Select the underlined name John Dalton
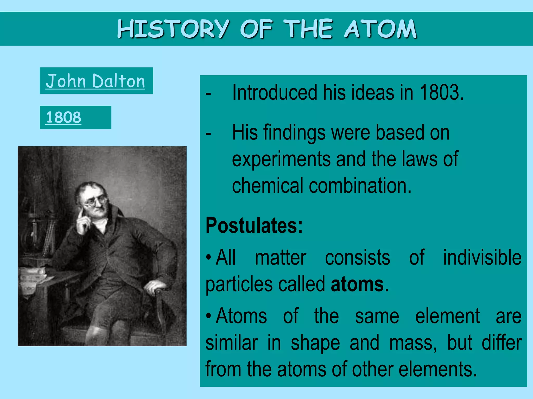coord(95,81)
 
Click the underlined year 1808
coord(63,117)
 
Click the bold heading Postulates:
coord(254,225)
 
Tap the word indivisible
coord(482,257)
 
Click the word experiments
coord(281,159)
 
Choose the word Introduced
coord(275,92)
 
